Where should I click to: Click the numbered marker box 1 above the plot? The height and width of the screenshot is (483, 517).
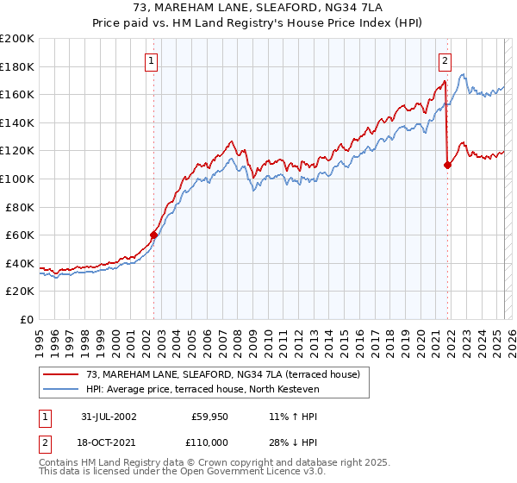click(x=152, y=60)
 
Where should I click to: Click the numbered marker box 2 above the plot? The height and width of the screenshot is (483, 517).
click(x=445, y=60)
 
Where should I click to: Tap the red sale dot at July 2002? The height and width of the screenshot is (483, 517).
click(x=153, y=235)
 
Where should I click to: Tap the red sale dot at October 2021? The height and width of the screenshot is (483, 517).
click(x=447, y=165)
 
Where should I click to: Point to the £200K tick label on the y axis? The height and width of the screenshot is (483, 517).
click(x=17, y=39)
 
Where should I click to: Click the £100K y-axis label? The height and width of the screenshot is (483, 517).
click(x=17, y=179)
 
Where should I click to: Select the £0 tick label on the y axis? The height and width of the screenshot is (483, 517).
click(x=28, y=319)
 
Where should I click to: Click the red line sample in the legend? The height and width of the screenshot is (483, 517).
click(x=61, y=373)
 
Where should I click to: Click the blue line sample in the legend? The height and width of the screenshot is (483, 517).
click(x=61, y=389)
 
